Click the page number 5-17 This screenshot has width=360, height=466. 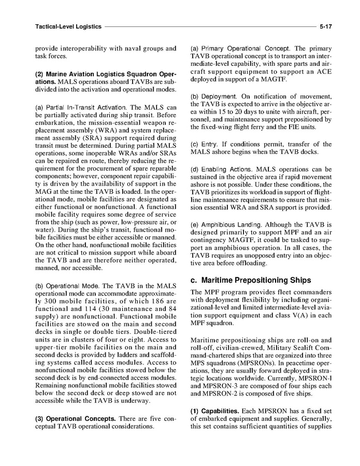pyautogui.click(x=326, y=25)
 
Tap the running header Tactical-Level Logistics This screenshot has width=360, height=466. pyautogui.click(x=67, y=25)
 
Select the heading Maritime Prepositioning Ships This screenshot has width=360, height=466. pyautogui.click(x=250, y=280)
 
